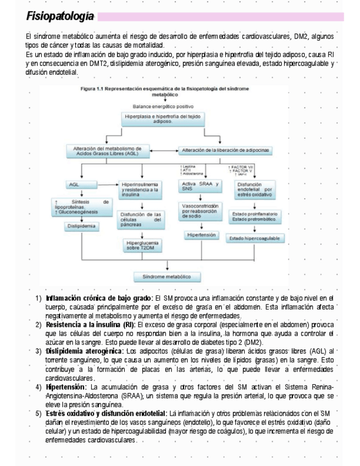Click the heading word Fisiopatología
click(60, 16)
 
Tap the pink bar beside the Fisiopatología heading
click(220, 16)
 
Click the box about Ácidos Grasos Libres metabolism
click(107, 151)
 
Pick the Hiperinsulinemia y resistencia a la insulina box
click(142, 190)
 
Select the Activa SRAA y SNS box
click(200, 186)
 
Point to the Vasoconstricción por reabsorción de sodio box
click(200, 212)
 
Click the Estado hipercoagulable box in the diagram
click(254, 238)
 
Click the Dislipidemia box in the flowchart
click(80, 225)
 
